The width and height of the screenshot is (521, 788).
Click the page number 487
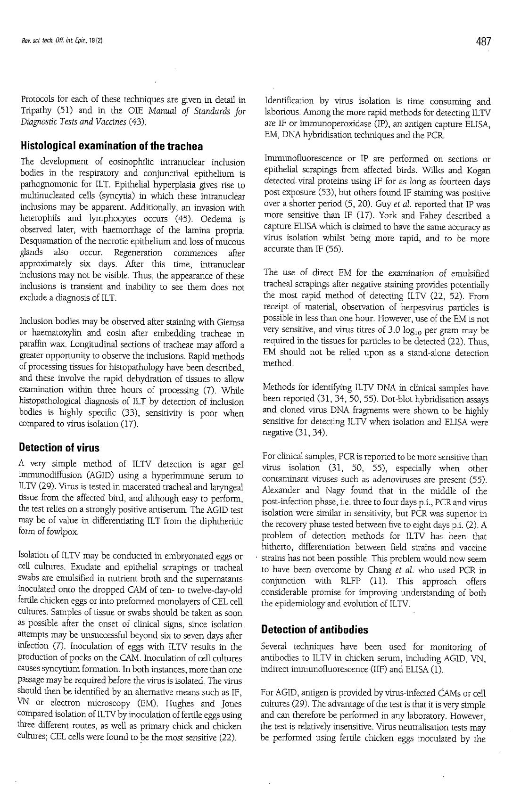[x=484, y=41]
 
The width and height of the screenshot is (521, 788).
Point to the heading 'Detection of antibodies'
[x=314, y=629]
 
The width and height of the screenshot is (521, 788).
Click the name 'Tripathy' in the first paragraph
[x=38, y=111]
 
